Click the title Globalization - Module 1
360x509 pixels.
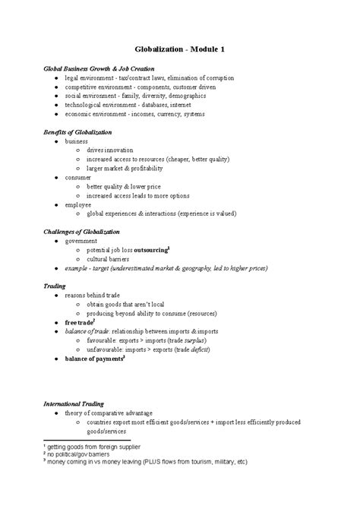[179, 49]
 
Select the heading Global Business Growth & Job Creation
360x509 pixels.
[93, 69]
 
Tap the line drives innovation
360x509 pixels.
[112, 150]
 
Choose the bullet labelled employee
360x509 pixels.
[78, 204]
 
